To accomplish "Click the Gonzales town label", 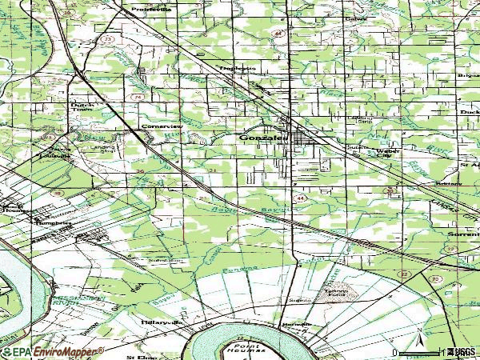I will tap(260, 138).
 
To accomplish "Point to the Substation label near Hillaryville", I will tap(165, 261).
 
